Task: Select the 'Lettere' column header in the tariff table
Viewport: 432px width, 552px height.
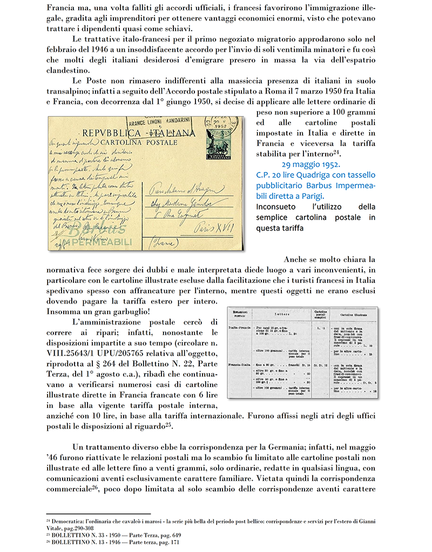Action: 281,313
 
